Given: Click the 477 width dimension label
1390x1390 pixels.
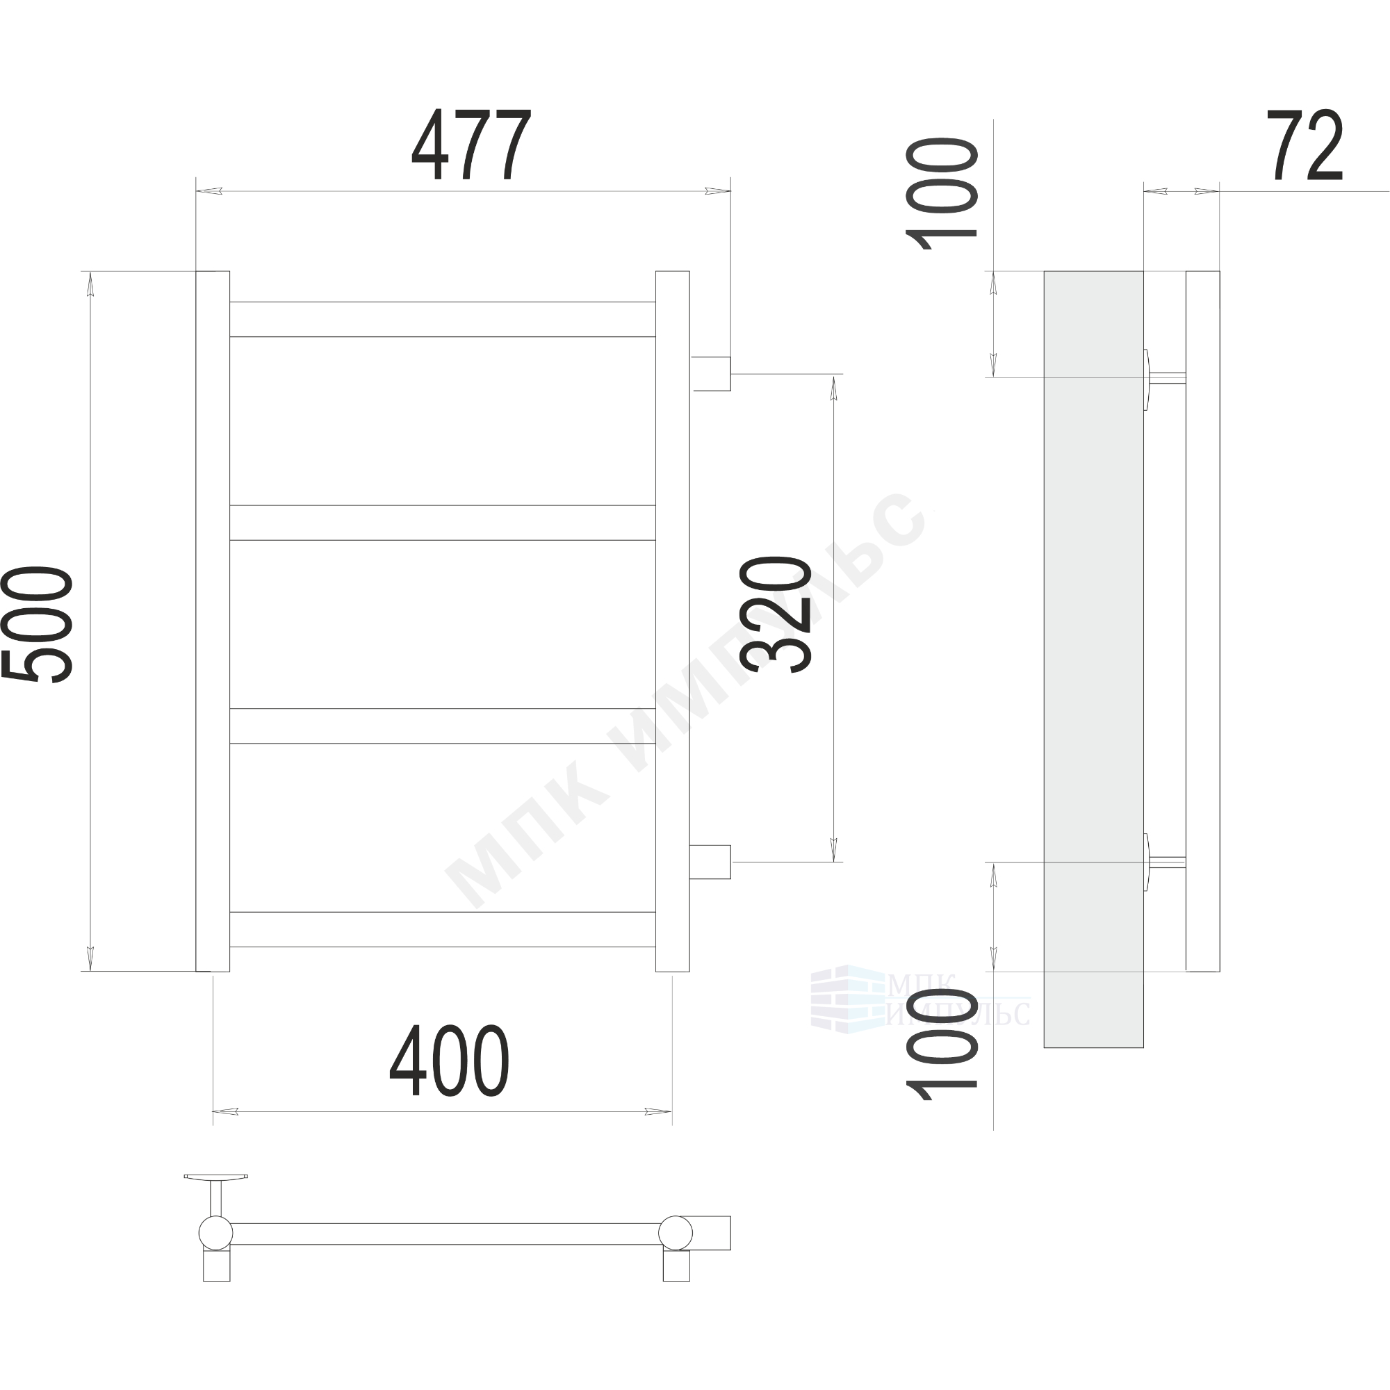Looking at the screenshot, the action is (x=471, y=145).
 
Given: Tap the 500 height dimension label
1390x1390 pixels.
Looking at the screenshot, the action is (x=38, y=623).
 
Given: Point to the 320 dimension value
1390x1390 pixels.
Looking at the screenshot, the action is (x=776, y=614).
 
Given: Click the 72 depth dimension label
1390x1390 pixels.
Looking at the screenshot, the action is (x=1305, y=145).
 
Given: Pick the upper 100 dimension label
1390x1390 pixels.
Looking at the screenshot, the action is (x=942, y=193).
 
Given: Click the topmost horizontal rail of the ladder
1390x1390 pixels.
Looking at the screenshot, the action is (x=443, y=320).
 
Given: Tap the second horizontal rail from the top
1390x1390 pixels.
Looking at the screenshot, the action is (x=443, y=523).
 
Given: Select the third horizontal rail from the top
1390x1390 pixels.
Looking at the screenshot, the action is (x=443, y=726).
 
